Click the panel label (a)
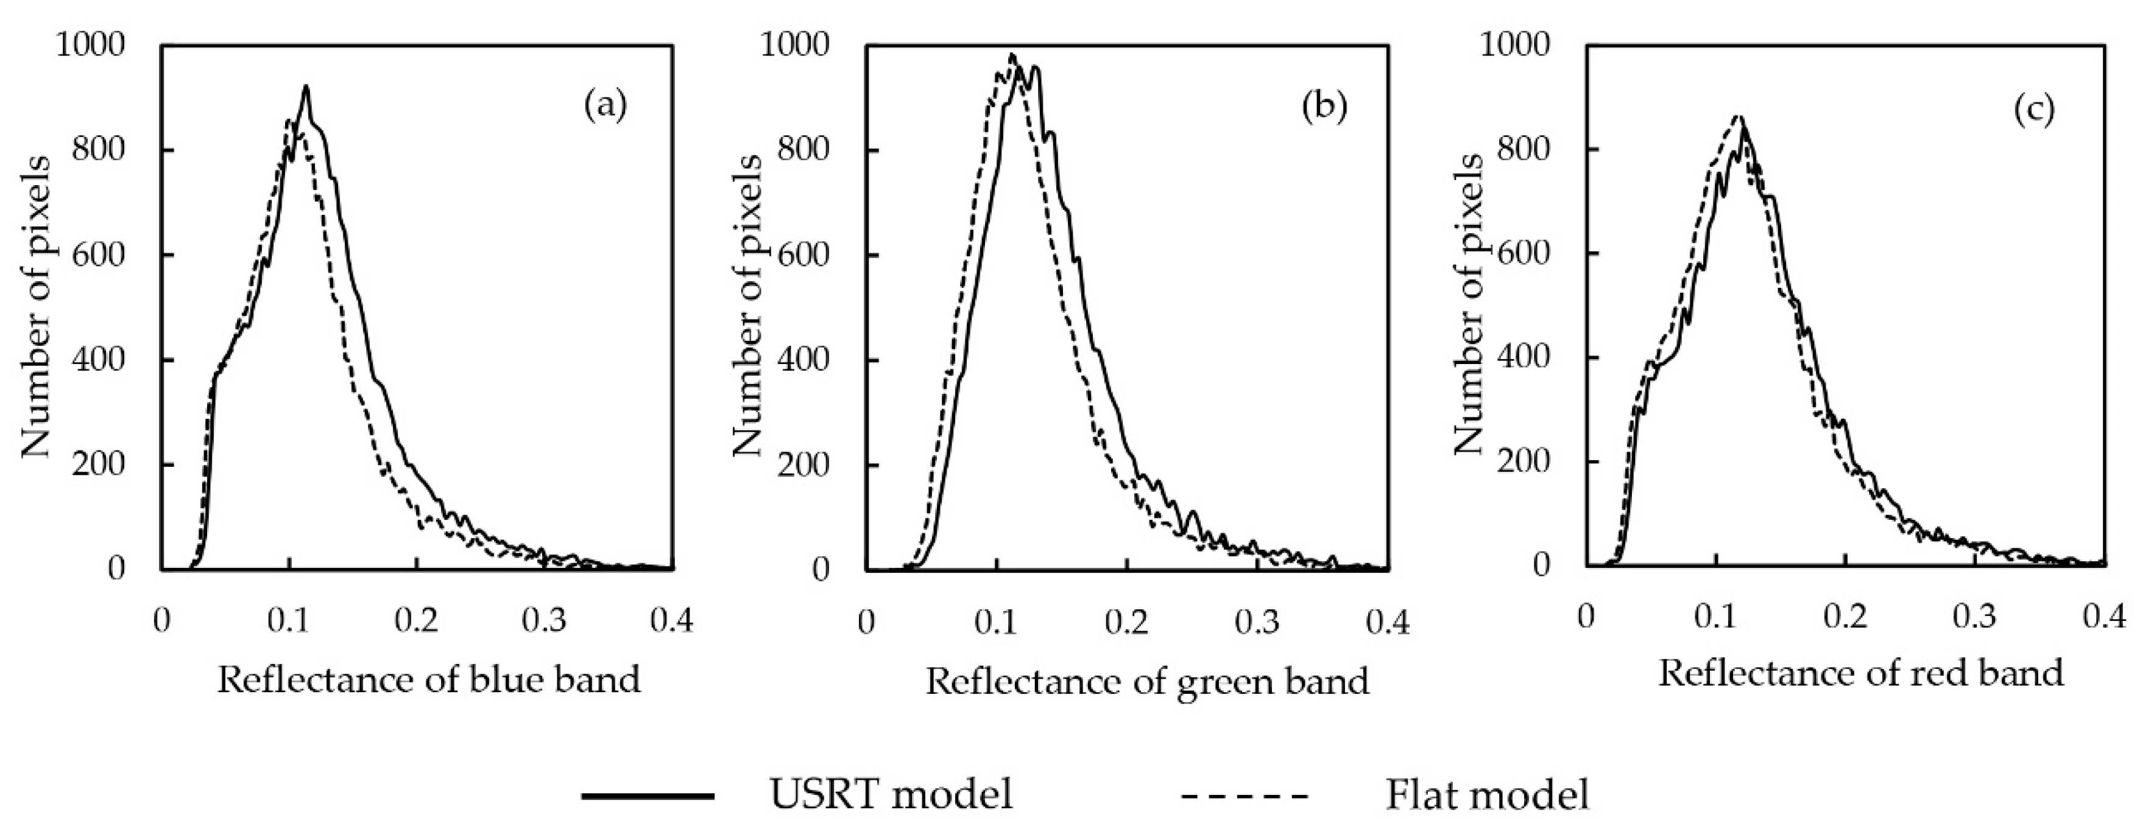tap(605, 107)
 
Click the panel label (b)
tap(1324, 107)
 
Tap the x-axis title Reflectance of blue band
tap(429, 680)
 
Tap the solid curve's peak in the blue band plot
tap(306, 86)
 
